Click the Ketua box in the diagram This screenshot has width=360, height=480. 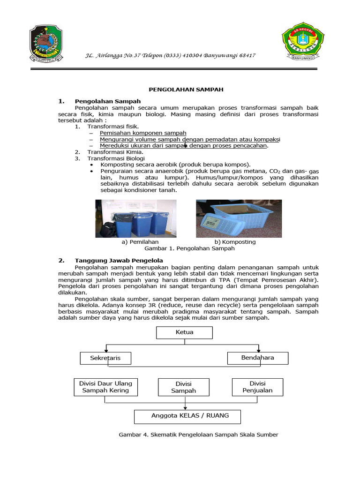click(x=184, y=332)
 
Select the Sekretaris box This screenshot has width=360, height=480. click(x=105, y=358)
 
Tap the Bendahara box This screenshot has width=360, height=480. click(x=257, y=358)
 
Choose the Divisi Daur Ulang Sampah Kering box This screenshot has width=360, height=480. click(x=105, y=387)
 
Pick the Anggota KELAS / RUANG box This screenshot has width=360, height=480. click(x=187, y=416)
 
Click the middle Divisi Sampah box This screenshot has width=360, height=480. click(x=183, y=387)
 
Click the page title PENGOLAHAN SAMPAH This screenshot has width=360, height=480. click(x=180, y=89)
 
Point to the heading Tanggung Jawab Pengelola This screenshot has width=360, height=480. click(x=119, y=260)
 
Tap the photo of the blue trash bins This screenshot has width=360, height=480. click(x=136, y=218)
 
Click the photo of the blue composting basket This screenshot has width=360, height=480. click(x=239, y=218)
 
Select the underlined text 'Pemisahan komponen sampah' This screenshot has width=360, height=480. click(x=143, y=133)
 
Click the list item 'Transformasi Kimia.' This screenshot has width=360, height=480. click(x=115, y=152)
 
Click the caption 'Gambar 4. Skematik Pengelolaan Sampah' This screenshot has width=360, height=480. click(x=198, y=435)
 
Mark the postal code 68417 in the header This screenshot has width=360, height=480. click(x=246, y=55)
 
